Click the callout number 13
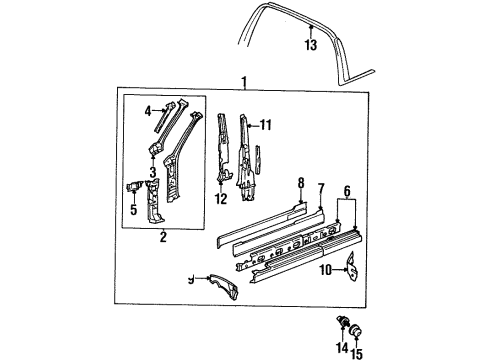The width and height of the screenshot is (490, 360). tap(311, 45)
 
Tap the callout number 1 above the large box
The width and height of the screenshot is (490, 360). tap(244, 82)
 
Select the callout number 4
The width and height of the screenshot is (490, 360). tap(148, 111)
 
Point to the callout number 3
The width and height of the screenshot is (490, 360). tap(153, 172)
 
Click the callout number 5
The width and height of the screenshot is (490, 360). tap(134, 210)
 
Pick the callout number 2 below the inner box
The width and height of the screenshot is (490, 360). tap(163, 237)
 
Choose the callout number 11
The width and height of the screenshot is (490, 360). tap(266, 125)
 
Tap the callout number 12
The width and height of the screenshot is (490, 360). tap(221, 199)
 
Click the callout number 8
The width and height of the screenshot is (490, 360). tap(301, 183)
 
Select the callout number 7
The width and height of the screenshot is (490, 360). tap(321, 189)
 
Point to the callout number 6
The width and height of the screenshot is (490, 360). tap(347, 191)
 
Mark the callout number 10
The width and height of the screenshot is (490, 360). tap(326, 270)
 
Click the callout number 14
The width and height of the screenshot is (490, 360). tap(342, 348)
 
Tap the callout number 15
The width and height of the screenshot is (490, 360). tap(357, 353)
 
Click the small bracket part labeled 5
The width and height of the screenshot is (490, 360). tap(134, 186)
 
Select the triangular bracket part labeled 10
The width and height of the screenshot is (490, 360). tap(352, 267)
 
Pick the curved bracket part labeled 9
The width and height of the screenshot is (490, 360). tap(224, 287)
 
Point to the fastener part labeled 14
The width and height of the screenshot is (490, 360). tap(342, 321)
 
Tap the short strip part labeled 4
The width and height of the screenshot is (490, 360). tap(166, 116)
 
